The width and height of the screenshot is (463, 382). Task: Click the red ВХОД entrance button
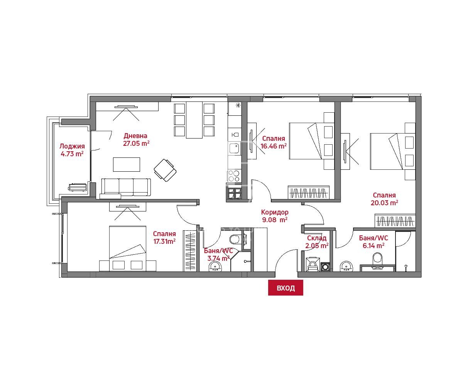coord(286,288)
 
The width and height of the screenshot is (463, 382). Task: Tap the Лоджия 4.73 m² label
coord(72,150)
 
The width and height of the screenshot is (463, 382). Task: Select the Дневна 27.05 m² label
coord(136,140)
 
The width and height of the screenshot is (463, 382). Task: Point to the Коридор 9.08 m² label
coord(275,216)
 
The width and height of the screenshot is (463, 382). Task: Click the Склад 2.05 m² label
coord(317,242)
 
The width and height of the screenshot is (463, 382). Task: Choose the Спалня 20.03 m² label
coord(384,199)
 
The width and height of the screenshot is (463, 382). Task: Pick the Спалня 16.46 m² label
coord(274,142)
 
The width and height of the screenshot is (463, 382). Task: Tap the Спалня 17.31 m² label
coord(164,237)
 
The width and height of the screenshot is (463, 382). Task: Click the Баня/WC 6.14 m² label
coord(373,242)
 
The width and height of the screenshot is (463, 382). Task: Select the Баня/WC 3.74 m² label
coord(218,254)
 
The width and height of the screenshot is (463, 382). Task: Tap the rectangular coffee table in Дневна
coord(127,164)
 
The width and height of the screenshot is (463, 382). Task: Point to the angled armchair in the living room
coord(165,170)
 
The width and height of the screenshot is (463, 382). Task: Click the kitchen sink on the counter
coord(234,148)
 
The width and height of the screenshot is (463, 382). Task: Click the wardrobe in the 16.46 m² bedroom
coord(308,192)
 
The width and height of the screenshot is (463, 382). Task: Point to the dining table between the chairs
coord(194,120)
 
